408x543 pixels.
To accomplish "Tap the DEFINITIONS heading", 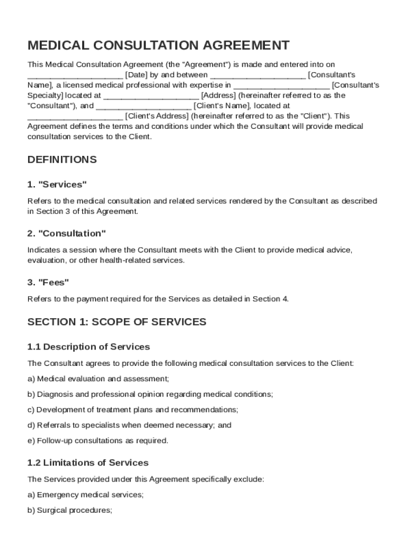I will (x=62, y=160).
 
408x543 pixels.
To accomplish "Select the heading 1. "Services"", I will (x=57, y=185).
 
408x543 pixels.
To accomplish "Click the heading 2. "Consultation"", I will (x=67, y=233).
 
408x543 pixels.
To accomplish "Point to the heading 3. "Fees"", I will (x=48, y=282).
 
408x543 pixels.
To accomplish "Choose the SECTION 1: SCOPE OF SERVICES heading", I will (x=117, y=322).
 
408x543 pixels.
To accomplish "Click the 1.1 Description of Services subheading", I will (x=88, y=347).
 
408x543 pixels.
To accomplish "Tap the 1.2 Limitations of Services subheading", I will (x=88, y=463).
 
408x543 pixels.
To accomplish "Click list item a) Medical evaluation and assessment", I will (x=99, y=379).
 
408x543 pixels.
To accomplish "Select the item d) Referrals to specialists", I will (x=129, y=425).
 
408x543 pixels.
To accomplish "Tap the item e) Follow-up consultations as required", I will (x=98, y=441).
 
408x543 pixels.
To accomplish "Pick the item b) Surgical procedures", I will (x=69, y=511).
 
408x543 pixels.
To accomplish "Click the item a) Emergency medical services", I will (x=85, y=495).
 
